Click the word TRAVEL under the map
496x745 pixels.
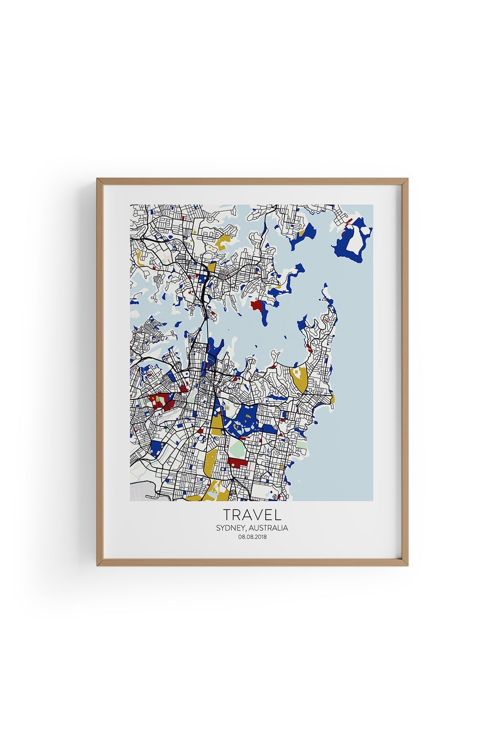[252, 514]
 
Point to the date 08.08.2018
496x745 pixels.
[252, 537]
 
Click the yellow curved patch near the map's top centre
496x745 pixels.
[224, 240]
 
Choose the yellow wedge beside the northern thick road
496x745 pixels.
[212, 267]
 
